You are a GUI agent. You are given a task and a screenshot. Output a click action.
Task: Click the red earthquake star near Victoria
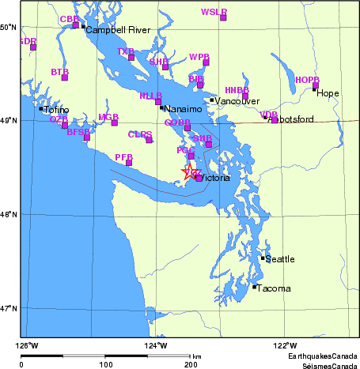point(189,171)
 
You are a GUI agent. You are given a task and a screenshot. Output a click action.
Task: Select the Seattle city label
point(279,259)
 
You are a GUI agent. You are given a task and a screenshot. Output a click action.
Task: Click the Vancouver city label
point(237,101)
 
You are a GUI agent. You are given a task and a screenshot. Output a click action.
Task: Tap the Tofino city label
point(57,110)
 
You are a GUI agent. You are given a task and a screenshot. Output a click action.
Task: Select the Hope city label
point(328,93)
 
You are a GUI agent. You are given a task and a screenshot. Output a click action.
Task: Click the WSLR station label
point(214,12)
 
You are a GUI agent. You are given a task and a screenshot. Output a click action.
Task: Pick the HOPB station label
point(307,80)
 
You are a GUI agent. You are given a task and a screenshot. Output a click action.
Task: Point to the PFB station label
point(123,157)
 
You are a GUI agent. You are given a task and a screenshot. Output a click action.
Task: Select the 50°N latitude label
point(9,27)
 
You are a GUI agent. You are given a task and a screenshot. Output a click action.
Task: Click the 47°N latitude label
point(9,307)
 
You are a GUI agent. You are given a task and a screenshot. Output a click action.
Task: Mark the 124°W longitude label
point(156,345)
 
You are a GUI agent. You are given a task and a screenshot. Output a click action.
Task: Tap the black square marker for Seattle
point(263,258)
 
